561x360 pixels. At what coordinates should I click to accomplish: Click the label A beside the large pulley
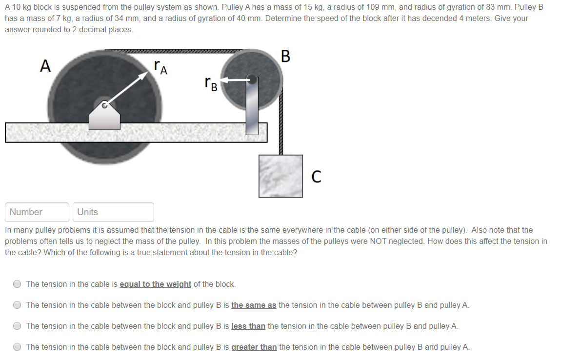pyautogui.click(x=45, y=66)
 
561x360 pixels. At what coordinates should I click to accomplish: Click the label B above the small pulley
pyautogui.click(x=285, y=57)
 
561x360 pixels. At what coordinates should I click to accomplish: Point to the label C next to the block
pyautogui.click(x=316, y=177)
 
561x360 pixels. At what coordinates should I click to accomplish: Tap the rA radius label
pyautogui.click(x=160, y=67)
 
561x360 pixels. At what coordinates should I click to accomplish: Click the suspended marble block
pyautogui.click(x=280, y=176)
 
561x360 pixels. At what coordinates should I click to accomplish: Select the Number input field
pyautogui.click(x=37, y=212)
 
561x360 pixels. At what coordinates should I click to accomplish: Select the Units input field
pyautogui.click(x=113, y=212)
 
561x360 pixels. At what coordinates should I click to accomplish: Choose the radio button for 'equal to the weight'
pyautogui.click(x=18, y=284)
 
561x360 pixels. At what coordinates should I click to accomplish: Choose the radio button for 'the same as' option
pyautogui.click(x=18, y=305)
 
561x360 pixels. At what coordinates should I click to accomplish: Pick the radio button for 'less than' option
pyautogui.click(x=18, y=326)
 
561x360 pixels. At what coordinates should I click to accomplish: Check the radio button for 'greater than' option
pyautogui.click(x=18, y=347)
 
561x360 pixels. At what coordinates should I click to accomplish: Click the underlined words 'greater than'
pyautogui.click(x=254, y=347)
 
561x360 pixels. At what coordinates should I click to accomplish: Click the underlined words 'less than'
pyautogui.click(x=248, y=326)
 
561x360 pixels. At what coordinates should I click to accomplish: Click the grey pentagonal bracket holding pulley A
pyautogui.click(x=104, y=117)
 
